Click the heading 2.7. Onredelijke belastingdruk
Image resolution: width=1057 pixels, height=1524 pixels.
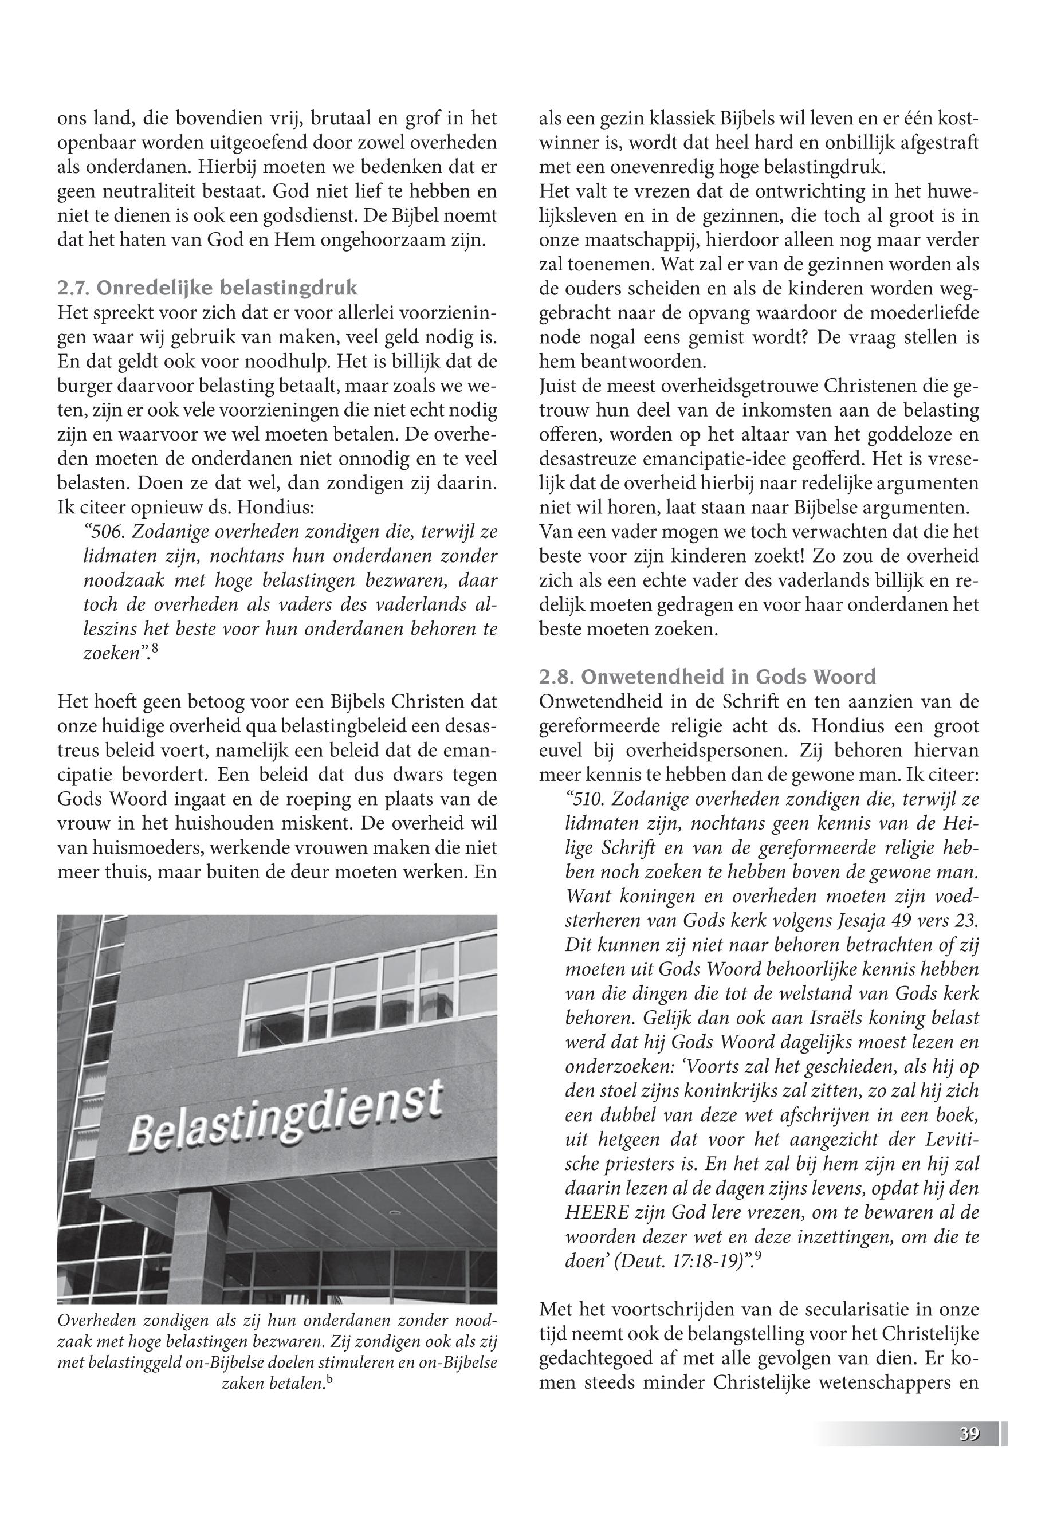point(207,288)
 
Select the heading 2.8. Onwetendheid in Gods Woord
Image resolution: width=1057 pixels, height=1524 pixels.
point(708,677)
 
